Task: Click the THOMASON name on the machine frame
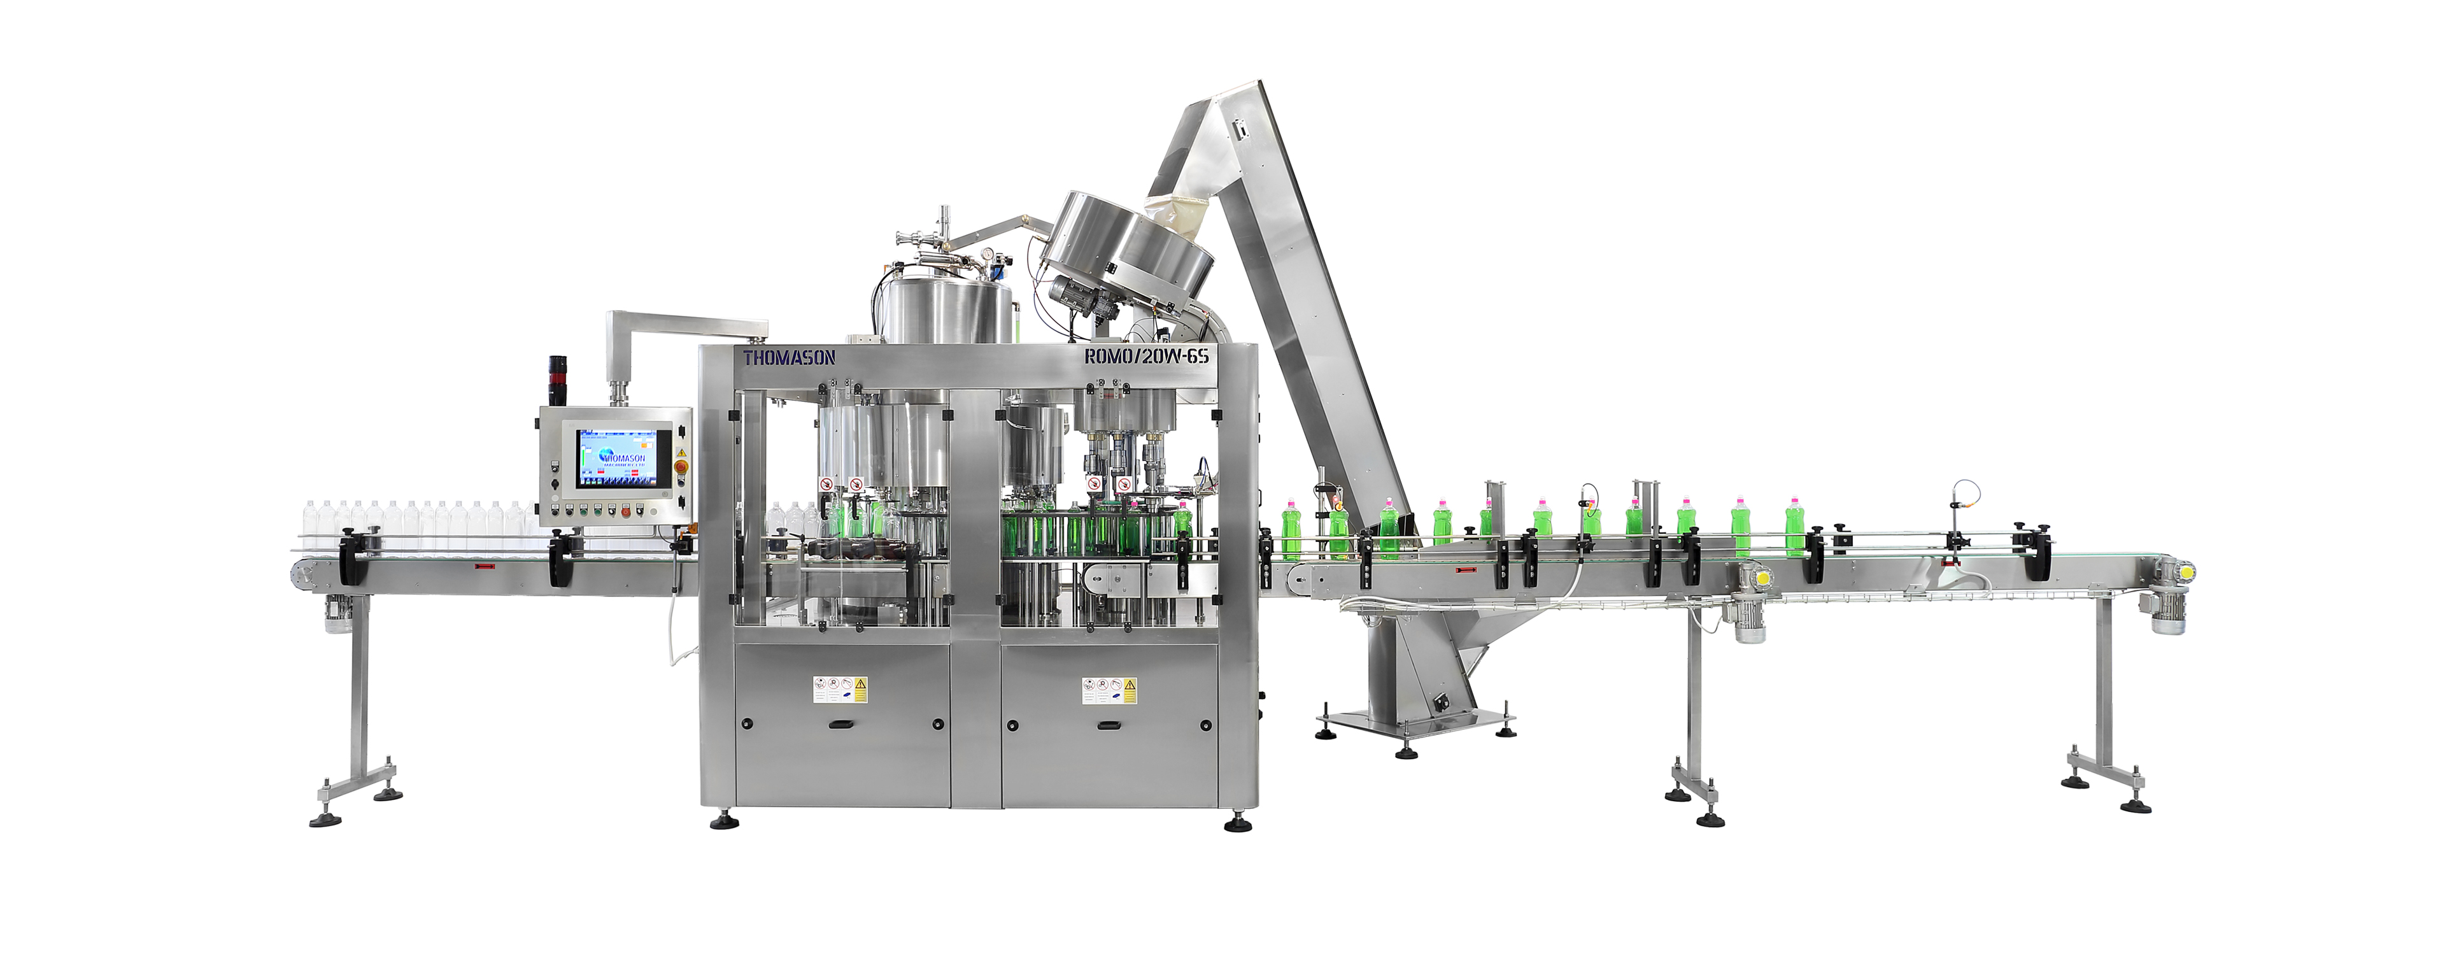[789, 358]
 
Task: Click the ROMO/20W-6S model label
[1145, 356]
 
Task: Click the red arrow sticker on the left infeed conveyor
[485, 567]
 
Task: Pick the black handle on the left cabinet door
[840, 726]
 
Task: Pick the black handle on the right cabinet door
[1109, 726]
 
